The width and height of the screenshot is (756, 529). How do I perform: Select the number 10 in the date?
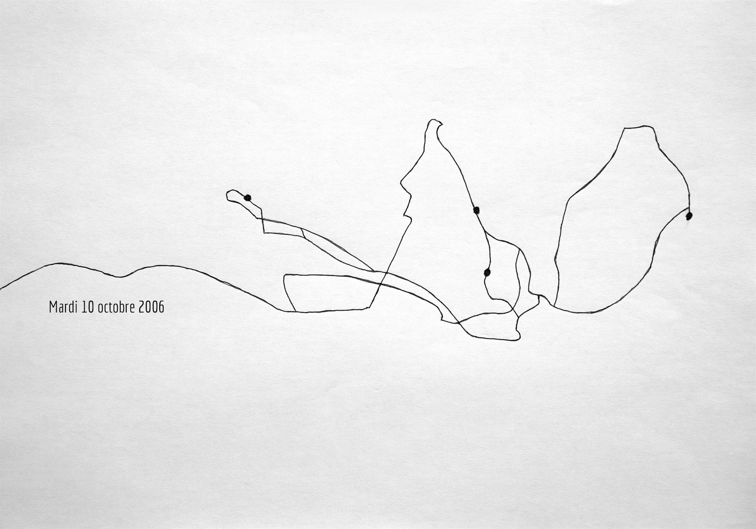coord(88,307)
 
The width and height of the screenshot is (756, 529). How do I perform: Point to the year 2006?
coord(152,307)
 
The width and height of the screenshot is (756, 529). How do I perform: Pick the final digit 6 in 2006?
coord(161,307)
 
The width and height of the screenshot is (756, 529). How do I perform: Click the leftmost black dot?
coord(248,197)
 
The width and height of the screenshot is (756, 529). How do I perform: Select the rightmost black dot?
coord(689,216)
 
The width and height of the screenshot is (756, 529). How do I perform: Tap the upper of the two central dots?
coord(476,210)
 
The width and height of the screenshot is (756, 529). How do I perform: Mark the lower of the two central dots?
coord(487,272)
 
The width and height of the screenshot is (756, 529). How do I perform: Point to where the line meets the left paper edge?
coord(1,289)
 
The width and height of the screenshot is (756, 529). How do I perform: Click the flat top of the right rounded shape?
coord(639,127)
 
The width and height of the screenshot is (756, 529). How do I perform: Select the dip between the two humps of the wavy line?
coord(120,277)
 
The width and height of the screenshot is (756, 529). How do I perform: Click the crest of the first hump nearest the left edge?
coord(60,263)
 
